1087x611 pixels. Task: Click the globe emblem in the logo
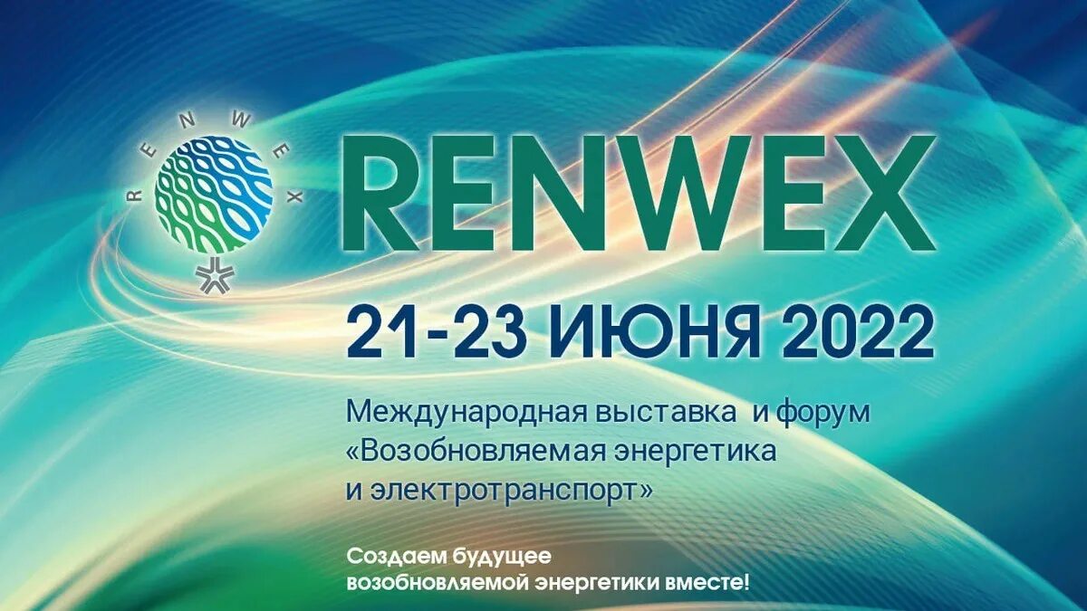pyautogui.click(x=214, y=194)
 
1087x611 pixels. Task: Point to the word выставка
pyautogui.click(x=673, y=413)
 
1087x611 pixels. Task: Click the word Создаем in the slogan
pyautogui.click(x=387, y=555)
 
